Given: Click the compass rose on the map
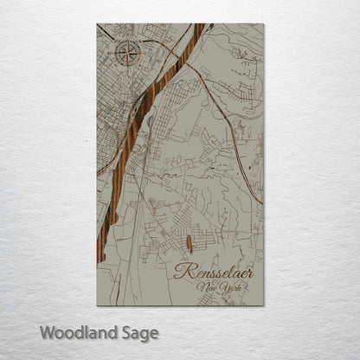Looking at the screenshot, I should click(x=129, y=54).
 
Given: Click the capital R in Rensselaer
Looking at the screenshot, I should click(x=180, y=272).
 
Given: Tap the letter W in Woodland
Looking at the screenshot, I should click(x=48, y=331).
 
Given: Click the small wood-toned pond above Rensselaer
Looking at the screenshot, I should click(x=190, y=243).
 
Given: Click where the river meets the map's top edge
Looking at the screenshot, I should click(x=198, y=25).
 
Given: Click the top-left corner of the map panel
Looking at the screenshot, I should click(x=97, y=24).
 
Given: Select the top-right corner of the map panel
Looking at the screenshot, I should click(x=264, y=24).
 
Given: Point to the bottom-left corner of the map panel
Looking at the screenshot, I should click(x=97, y=305).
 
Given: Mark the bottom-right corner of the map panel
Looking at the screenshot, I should click(x=264, y=305).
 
